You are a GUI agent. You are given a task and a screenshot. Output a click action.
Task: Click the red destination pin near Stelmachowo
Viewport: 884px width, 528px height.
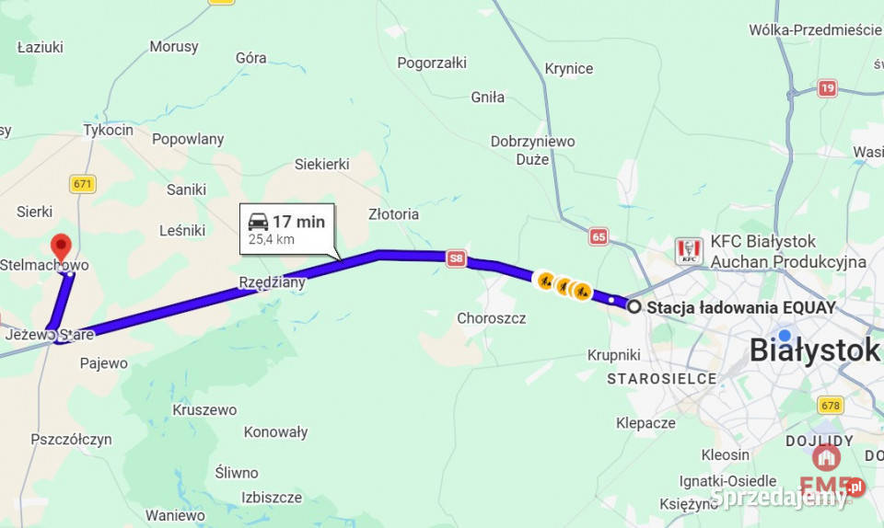click(x=61, y=246)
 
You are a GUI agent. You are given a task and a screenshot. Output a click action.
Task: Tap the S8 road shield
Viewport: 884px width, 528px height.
click(x=456, y=258)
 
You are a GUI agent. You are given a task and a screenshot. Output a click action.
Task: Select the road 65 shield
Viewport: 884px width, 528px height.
click(x=599, y=236)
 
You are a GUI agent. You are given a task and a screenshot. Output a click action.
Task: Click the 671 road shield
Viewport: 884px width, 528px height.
click(x=83, y=184)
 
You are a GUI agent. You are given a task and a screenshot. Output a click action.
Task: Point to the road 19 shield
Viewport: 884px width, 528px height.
click(x=827, y=88)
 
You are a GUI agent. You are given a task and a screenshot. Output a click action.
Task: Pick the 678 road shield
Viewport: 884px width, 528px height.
click(x=831, y=405)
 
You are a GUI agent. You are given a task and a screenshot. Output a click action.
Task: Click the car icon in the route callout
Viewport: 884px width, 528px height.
click(x=258, y=221)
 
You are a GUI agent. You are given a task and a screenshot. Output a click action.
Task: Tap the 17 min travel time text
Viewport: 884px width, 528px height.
click(x=298, y=222)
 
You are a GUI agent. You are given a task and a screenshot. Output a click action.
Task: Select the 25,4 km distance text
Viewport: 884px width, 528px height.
click(x=271, y=239)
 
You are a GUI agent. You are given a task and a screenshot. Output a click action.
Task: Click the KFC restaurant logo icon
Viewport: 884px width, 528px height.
click(x=689, y=251)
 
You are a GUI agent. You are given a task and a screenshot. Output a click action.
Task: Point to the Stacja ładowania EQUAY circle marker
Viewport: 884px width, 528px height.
click(x=634, y=306)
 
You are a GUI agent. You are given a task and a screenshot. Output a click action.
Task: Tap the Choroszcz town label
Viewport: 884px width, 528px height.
click(x=492, y=318)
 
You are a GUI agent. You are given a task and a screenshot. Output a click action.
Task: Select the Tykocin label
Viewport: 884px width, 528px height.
click(x=108, y=130)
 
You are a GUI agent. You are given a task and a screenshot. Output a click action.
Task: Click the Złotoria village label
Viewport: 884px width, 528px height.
click(x=393, y=214)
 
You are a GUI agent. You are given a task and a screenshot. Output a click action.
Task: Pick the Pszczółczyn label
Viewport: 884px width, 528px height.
click(x=71, y=440)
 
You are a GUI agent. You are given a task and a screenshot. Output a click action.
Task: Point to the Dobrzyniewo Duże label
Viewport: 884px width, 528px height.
click(x=532, y=150)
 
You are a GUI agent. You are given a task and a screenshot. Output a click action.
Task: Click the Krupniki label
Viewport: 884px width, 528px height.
click(x=614, y=355)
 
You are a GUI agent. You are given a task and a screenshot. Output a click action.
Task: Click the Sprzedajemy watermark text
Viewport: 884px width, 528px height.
click(x=779, y=497)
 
